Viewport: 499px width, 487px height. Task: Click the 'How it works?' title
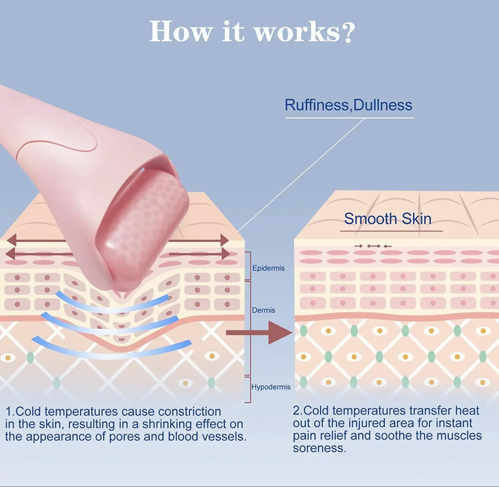tap(252, 32)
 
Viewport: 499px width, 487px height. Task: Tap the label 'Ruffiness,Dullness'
tap(348, 105)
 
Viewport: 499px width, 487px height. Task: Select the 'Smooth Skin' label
tap(387, 219)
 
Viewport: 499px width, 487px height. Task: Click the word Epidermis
tap(268, 268)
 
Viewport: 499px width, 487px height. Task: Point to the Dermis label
tap(263, 310)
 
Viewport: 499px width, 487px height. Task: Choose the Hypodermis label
tap(271, 387)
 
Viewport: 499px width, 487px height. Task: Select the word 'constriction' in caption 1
tap(189, 412)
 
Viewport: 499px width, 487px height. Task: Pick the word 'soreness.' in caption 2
tap(319, 448)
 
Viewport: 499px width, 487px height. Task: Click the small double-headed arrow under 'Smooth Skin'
tap(374, 246)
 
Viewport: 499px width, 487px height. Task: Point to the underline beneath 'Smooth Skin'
tap(391, 231)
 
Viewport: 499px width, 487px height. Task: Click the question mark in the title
tap(349, 32)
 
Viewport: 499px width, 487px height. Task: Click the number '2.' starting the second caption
tap(298, 411)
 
